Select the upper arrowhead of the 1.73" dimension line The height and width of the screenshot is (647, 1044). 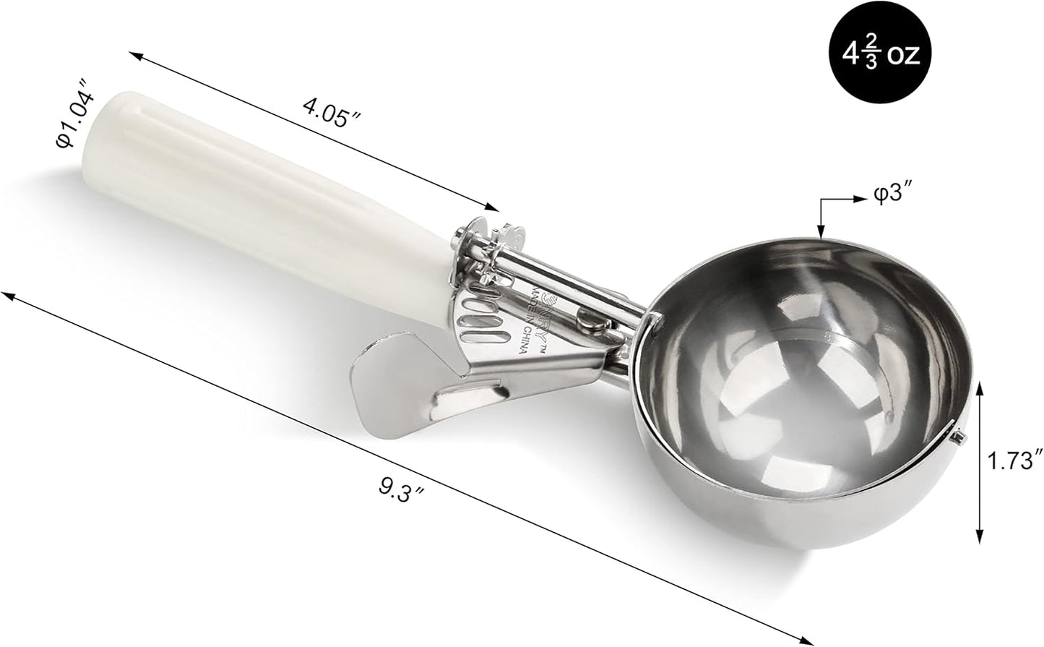(979, 387)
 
